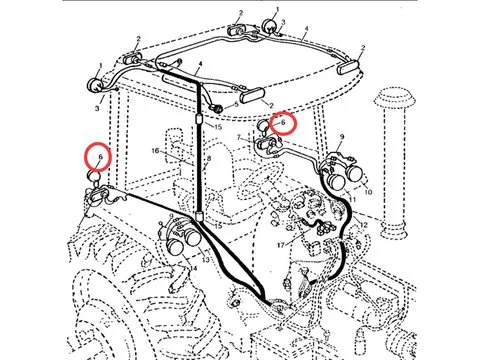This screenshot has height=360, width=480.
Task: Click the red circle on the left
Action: [x=97, y=157]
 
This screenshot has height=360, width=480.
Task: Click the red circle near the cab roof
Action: [x=282, y=122]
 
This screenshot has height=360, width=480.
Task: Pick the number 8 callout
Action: [x=209, y=159]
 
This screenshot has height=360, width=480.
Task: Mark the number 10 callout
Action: [x=367, y=190]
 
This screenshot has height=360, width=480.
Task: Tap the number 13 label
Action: [x=204, y=260]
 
